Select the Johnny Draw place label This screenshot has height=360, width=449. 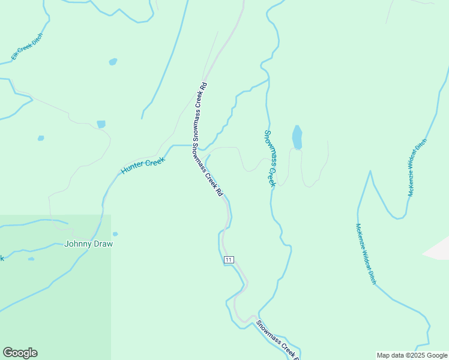click(88, 244)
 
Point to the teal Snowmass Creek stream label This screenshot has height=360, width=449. click(270, 158)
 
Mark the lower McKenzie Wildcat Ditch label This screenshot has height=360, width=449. click(366, 254)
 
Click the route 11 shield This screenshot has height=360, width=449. click(229, 259)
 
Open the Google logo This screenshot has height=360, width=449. click(20, 353)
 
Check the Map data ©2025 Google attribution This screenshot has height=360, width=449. click(412, 355)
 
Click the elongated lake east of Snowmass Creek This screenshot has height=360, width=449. click(297, 137)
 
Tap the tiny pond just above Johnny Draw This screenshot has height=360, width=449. click(115, 234)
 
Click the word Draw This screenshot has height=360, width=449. click(103, 244)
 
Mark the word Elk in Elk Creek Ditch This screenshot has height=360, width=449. click(14, 56)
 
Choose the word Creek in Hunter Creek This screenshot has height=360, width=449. click(154, 161)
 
